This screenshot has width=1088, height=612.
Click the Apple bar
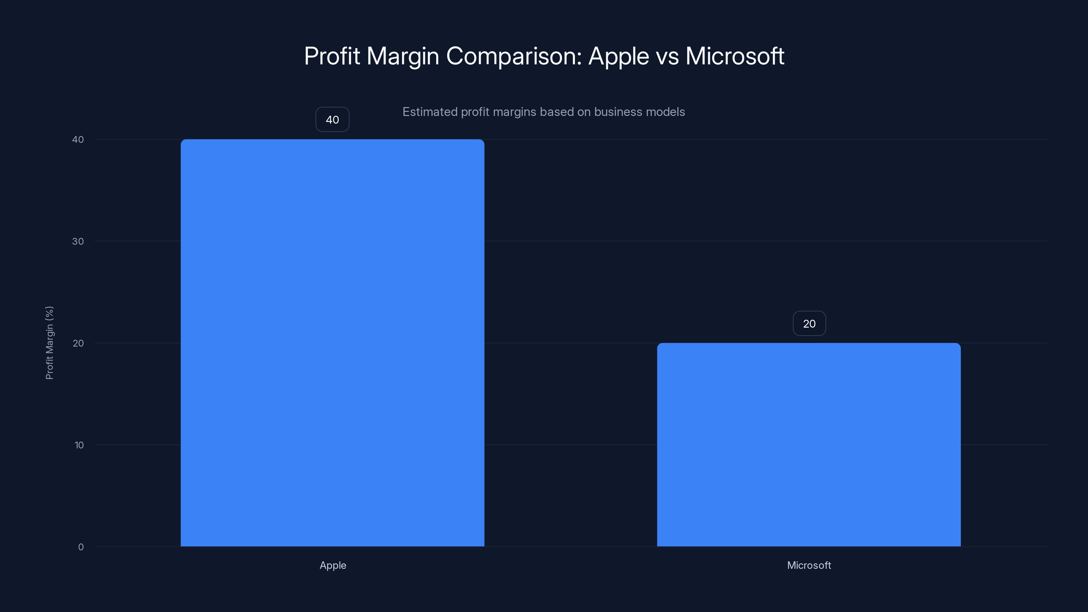coord(333,342)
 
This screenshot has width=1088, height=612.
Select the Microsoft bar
coord(809,444)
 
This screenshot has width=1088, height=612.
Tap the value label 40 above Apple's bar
coord(333,120)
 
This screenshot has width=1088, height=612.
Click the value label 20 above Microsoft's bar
coord(809,324)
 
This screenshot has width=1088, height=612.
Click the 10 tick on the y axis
coord(79,445)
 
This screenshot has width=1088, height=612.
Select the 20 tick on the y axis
coord(78,343)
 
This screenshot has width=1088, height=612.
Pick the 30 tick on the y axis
coord(78,241)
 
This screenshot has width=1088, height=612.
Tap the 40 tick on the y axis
coord(78,139)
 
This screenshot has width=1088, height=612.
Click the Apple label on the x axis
coord(333,565)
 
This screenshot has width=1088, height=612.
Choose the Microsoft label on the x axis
coord(809,565)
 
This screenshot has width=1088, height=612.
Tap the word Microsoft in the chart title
coord(734,56)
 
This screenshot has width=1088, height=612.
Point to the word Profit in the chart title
coord(332,56)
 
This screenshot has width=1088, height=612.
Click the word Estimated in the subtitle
coord(430,112)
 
